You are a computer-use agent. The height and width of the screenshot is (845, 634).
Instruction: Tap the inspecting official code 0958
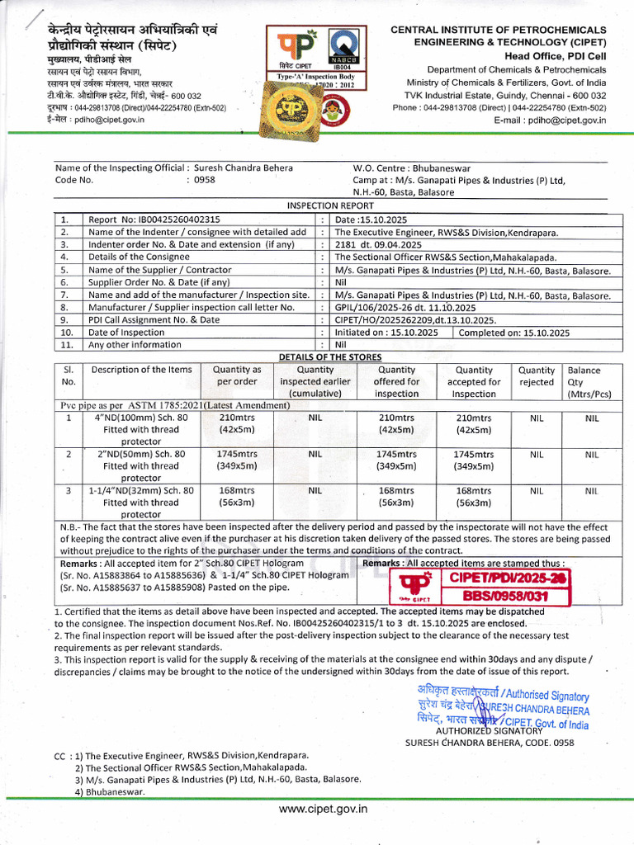[x=204, y=179]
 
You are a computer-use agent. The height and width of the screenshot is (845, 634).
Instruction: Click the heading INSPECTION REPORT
[x=329, y=205]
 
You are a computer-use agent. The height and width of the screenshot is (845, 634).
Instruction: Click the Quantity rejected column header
[x=536, y=376]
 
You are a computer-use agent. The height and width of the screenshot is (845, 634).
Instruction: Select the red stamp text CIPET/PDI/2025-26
[x=507, y=578]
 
